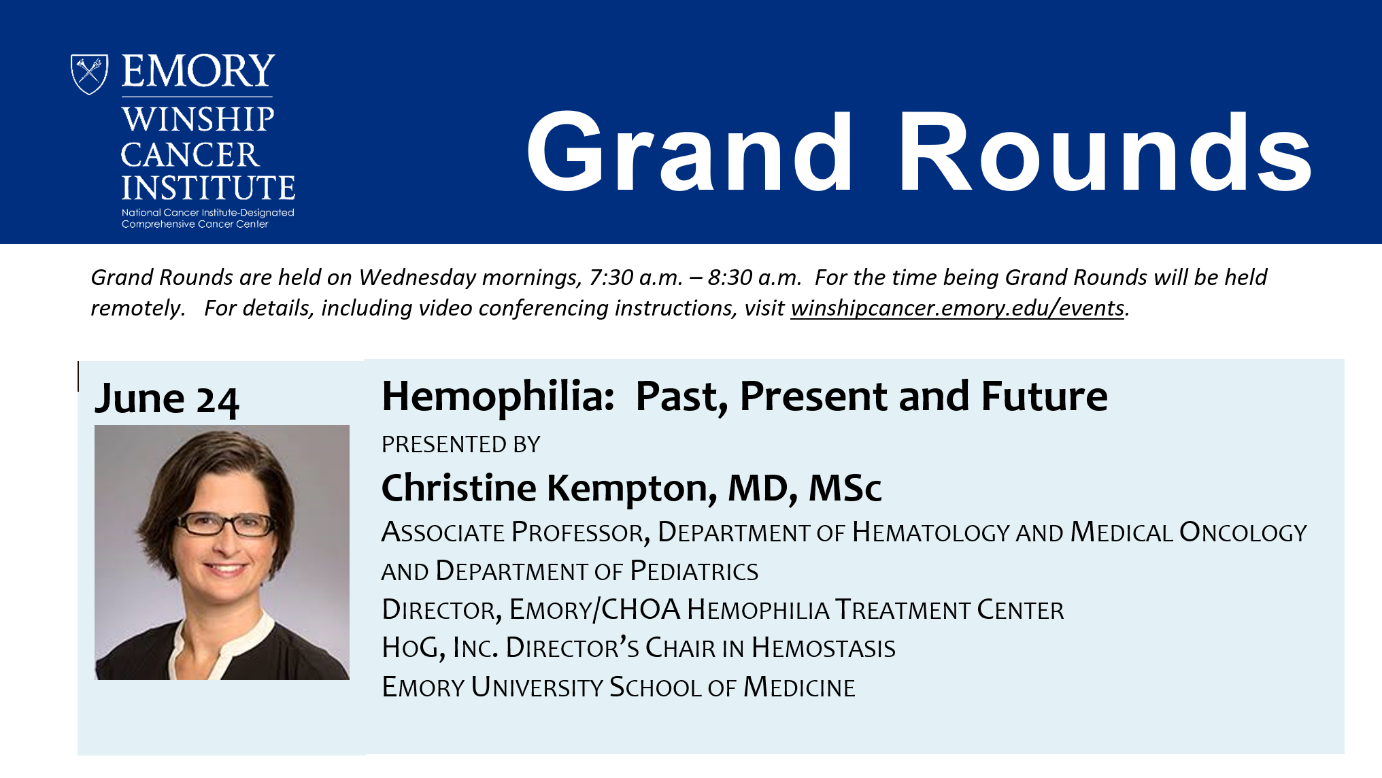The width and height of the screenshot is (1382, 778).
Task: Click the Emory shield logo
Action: click(x=89, y=74)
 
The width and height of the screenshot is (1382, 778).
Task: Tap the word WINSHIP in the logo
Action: click(x=198, y=119)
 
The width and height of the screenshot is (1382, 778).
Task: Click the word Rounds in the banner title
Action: click(x=1105, y=152)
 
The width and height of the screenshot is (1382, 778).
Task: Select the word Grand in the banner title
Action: click(x=690, y=152)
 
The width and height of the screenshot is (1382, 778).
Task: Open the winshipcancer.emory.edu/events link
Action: click(x=957, y=308)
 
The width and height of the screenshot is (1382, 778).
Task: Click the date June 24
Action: click(x=167, y=399)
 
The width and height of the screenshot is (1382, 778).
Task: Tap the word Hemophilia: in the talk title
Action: click(x=499, y=396)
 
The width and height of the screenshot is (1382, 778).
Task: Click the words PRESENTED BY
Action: click(x=461, y=444)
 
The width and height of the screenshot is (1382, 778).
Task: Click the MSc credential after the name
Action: click(x=845, y=488)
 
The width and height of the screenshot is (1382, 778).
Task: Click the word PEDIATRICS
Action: click(x=694, y=571)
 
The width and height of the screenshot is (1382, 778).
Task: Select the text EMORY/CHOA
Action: click(x=595, y=609)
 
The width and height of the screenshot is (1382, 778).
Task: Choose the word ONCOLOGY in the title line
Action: click(x=1243, y=532)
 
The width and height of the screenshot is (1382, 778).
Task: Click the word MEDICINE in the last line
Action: click(x=799, y=687)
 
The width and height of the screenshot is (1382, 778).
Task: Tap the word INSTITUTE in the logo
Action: click(x=208, y=187)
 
